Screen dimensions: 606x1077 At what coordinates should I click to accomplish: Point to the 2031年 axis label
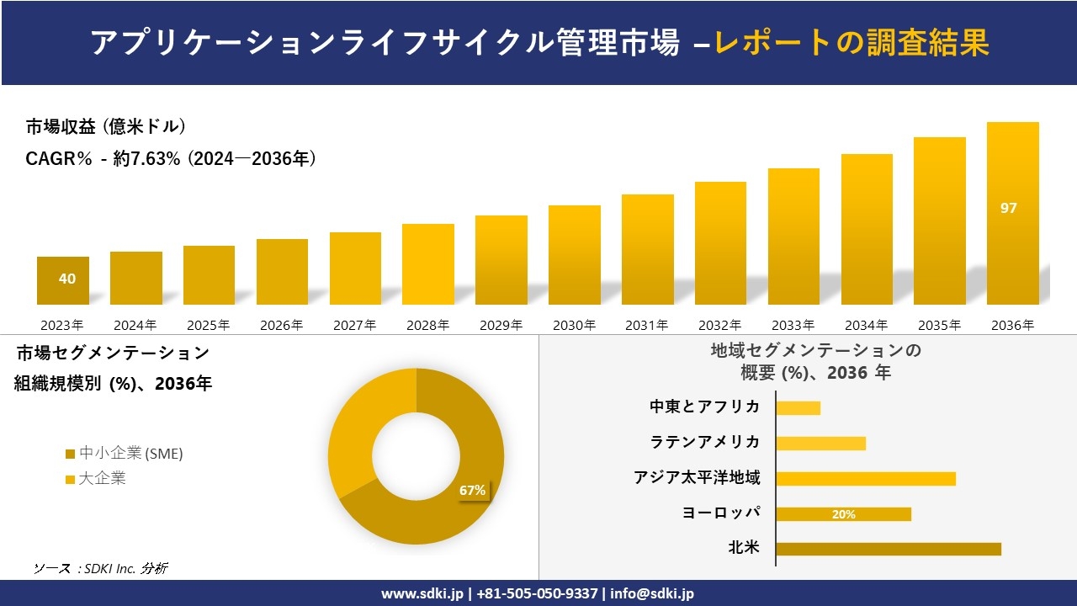(646, 325)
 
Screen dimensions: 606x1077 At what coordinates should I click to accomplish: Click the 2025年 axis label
(209, 325)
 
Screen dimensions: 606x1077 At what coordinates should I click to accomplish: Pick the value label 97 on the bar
(1008, 208)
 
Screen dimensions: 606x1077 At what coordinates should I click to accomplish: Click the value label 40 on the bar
(67, 279)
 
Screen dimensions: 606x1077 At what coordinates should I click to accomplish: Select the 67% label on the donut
(472, 491)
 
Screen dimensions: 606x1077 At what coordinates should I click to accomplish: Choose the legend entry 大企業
(102, 479)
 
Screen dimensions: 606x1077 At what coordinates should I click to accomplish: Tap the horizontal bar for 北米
(888, 549)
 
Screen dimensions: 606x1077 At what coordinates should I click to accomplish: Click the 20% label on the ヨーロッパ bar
(843, 514)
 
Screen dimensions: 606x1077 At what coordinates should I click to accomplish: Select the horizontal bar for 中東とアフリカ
(798, 408)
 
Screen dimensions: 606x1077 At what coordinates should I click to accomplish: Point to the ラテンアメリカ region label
(704, 442)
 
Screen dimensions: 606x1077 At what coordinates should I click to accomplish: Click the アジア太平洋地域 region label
(697, 478)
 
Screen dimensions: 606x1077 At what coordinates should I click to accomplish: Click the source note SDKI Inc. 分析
(100, 568)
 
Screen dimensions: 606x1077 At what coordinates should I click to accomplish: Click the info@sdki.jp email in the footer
(652, 593)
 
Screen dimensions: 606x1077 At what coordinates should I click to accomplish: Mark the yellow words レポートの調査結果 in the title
(852, 42)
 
